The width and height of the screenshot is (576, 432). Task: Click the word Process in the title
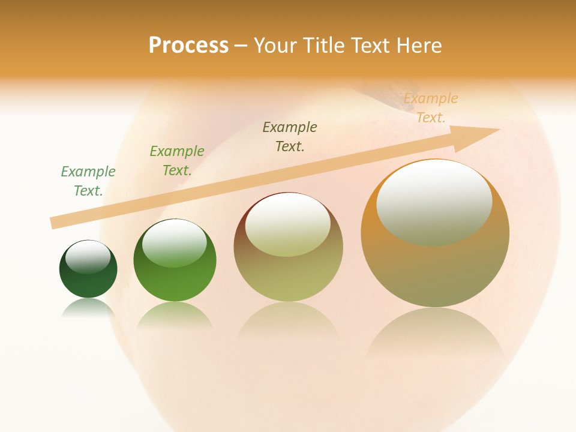(x=188, y=46)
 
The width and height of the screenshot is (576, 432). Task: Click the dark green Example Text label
(x=88, y=181)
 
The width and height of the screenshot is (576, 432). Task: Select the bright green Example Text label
(x=177, y=161)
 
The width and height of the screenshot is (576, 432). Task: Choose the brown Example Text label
(x=290, y=136)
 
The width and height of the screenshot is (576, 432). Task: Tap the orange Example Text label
(x=431, y=108)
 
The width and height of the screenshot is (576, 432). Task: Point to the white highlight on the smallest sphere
(x=88, y=256)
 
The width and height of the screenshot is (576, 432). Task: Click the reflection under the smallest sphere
(x=88, y=308)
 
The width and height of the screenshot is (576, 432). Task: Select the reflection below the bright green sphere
(x=175, y=316)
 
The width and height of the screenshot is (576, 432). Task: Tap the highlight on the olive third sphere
(x=288, y=224)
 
